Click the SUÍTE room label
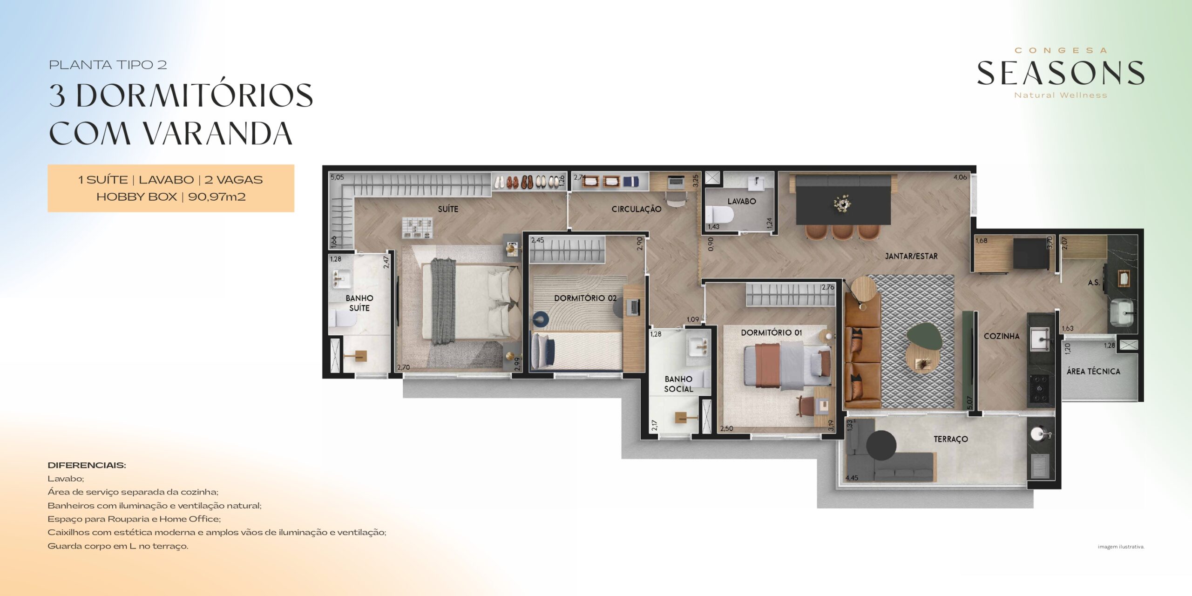coord(448,209)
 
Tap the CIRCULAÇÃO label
coord(636,210)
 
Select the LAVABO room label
coord(742,201)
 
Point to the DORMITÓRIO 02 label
coord(585,298)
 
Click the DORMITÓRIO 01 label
coord(772,332)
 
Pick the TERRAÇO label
coord(951,439)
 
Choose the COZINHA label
coord(1002,336)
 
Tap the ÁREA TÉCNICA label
coord(1093,371)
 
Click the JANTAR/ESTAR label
coord(911,256)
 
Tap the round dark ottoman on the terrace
coord(881,445)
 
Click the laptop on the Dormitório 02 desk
coord(634,306)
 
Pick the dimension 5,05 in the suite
coord(337,177)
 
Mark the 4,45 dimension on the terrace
coord(852,478)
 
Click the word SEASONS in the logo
coord(1060,74)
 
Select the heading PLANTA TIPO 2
coord(108,65)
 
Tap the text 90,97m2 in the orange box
coord(217,196)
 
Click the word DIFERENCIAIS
coord(87,465)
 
